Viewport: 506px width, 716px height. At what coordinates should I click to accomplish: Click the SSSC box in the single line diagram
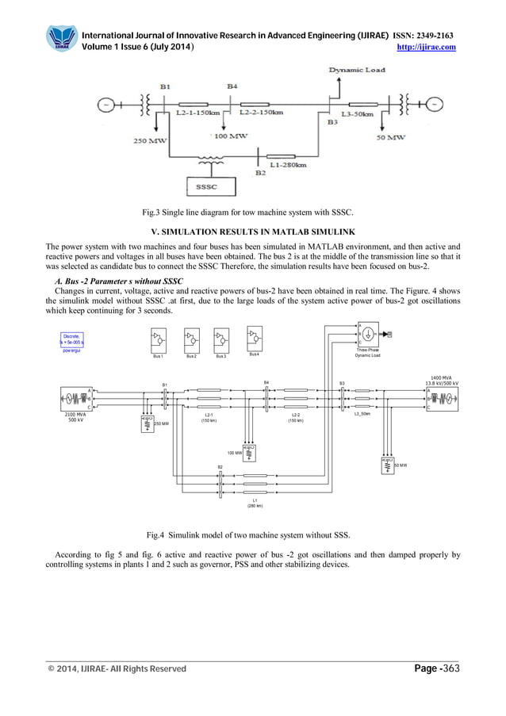pyautogui.click(x=207, y=187)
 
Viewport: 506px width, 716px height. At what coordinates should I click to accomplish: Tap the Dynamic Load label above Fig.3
pyautogui.click(x=357, y=70)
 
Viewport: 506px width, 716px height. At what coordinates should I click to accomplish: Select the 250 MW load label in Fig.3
pyautogui.click(x=149, y=140)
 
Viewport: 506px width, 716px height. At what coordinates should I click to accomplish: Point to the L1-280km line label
pyautogui.click(x=288, y=165)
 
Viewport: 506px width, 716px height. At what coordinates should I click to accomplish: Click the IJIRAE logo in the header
pyautogui.click(x=62, y=39)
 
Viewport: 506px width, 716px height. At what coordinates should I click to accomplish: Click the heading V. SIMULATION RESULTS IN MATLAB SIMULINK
pyautogui.click(x=253, y=231)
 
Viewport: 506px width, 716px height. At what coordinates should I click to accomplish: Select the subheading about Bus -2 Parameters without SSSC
pyautogui.click(x=118, y=281)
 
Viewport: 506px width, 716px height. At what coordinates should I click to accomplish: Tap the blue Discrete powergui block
pyautogui.click(x=73, y=342)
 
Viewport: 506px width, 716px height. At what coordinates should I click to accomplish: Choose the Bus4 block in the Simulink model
pyautogui.click(x=255, y=342)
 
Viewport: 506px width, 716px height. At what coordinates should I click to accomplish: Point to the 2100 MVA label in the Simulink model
pyautogui.click(x=75, y=415)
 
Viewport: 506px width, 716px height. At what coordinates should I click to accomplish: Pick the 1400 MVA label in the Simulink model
pyautogui.click(x=441, y=377)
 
